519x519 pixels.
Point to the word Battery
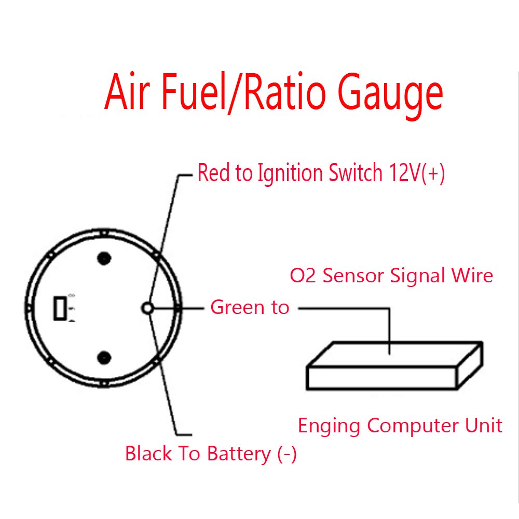[x=238, y=454]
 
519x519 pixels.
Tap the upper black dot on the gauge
[x=104, y=258]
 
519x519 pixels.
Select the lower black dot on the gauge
[x=104, y=357]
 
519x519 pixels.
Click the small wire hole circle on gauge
[x=147, y=308]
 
